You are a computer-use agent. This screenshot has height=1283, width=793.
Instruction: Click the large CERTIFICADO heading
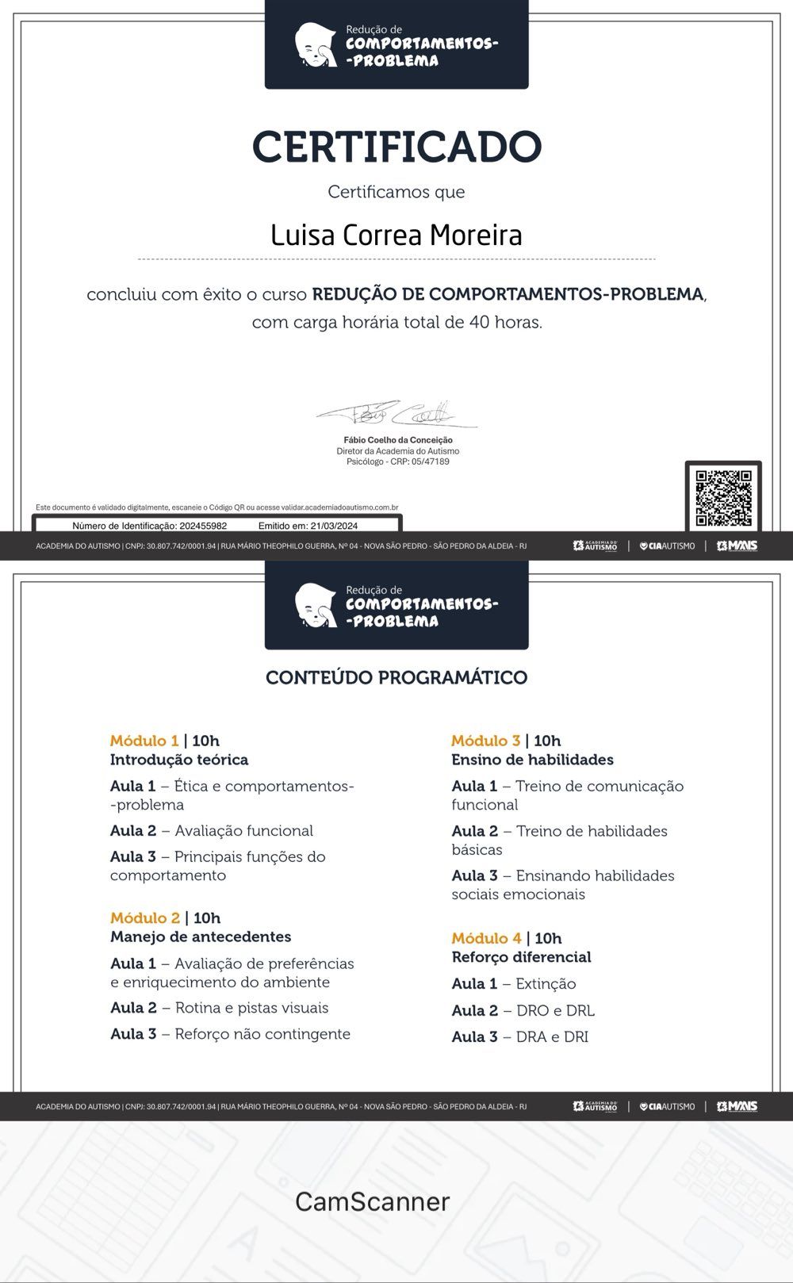[396, 147]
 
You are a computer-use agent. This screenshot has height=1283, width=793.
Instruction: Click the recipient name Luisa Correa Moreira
[396, 236]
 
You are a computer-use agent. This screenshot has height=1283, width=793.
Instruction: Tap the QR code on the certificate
[722, 498]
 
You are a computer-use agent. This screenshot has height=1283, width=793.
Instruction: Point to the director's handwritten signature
[396, 414]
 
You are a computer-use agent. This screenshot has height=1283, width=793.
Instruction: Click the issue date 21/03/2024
[333, 526]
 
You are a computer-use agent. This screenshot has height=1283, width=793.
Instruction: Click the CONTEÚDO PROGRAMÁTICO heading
[396, 677]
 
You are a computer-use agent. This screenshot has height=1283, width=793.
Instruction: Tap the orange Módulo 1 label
[144, 741]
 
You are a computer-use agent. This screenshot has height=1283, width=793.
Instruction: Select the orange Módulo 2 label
[145, 917]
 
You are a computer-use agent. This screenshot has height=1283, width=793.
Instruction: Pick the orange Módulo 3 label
[485, 741]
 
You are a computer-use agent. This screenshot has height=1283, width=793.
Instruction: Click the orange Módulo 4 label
[486, 938]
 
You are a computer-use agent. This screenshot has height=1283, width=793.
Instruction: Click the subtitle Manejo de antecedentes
[201, 936]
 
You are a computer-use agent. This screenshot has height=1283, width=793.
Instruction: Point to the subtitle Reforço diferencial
[521, 957]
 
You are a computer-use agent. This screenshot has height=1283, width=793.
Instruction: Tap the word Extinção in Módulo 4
[546, 984]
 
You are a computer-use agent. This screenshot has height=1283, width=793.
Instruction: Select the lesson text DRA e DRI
[552, 1037]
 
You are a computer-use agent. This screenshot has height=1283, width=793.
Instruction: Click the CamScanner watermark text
[372, 1201]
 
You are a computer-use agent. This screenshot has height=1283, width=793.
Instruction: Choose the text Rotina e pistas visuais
[251, 1008]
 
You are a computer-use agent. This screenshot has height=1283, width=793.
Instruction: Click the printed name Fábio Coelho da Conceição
[398, 440]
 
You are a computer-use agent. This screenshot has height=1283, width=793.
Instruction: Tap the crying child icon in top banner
[316, 45]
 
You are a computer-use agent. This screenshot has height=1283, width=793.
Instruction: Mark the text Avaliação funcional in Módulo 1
[243, 831]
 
